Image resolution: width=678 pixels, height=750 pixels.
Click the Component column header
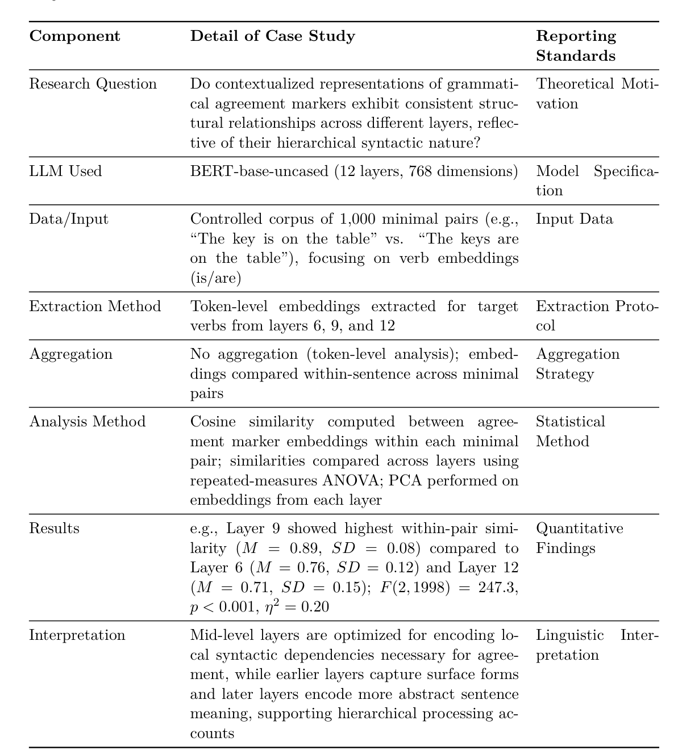click(x=74, y=36)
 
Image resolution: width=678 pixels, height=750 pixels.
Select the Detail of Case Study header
click(x=272, y=36)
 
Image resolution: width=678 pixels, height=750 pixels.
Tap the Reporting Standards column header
click(x=576, y=46)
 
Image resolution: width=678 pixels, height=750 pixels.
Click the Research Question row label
click(x=93, y=84)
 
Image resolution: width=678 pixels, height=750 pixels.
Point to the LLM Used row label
click(x=65, y=171)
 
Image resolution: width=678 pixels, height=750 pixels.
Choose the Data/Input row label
click(x=69, y=219)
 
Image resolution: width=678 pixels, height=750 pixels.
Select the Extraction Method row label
click(x=95, y=307)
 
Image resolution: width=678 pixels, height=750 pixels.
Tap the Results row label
click(x=54, y=529)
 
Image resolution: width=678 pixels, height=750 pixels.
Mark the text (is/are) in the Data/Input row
click(x=215, y=278)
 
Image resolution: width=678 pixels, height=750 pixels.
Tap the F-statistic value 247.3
click(x=496, y=588)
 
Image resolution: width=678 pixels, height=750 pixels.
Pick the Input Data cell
click(x=575, y=219)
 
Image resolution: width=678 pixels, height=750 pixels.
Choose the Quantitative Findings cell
click(x=579, y=538)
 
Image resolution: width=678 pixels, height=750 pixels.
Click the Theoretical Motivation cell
click(x=597, y=94)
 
